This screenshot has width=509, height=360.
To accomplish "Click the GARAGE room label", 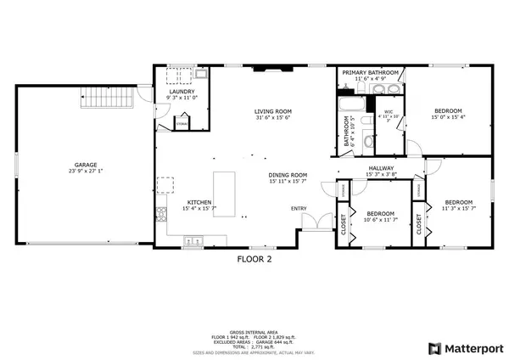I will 85,165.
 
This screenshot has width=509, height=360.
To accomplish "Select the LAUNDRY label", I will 182,92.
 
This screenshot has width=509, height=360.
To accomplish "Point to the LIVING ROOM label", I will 274,111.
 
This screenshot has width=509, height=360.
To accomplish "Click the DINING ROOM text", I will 288,175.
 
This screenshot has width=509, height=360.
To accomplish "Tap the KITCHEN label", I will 200,203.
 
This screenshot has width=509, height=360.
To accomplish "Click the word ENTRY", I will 299,208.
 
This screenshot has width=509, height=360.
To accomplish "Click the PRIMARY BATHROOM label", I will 371,73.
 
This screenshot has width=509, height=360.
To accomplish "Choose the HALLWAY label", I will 379,168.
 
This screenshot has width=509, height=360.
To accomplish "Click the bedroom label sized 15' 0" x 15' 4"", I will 448,111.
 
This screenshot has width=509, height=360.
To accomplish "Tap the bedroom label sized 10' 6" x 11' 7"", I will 379,214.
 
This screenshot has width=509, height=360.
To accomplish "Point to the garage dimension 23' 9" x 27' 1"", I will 85,172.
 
